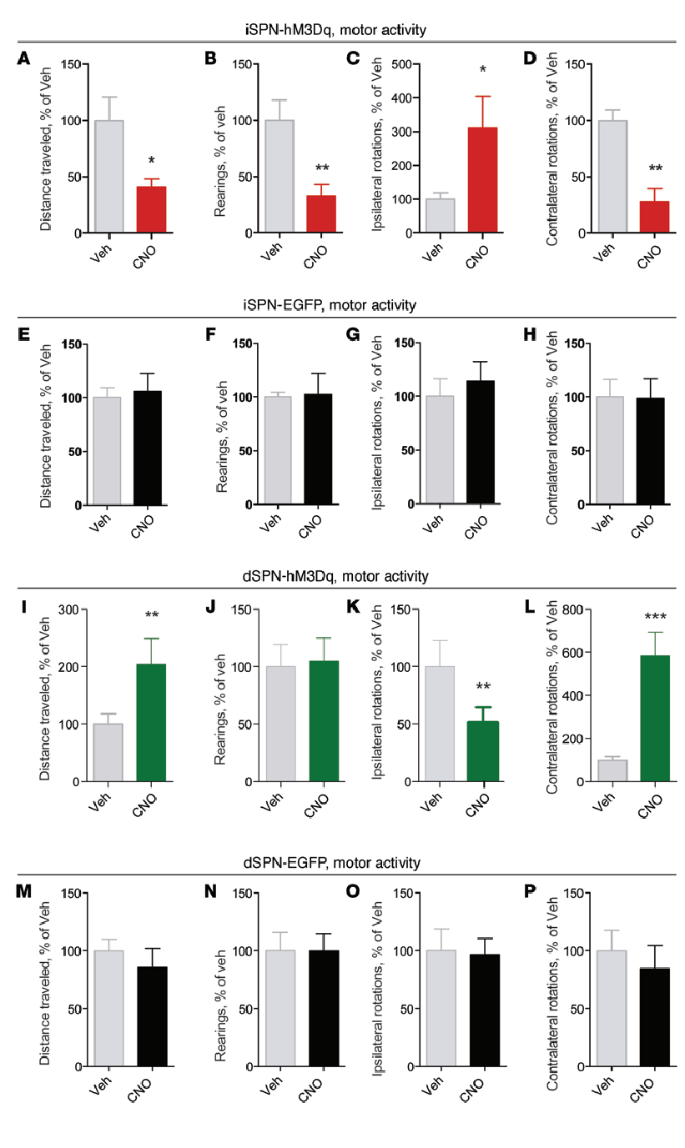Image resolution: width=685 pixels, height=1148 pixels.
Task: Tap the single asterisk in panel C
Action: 481,70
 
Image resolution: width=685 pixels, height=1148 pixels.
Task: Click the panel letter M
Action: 25,891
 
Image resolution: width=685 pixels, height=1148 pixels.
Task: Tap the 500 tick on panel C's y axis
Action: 404,64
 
